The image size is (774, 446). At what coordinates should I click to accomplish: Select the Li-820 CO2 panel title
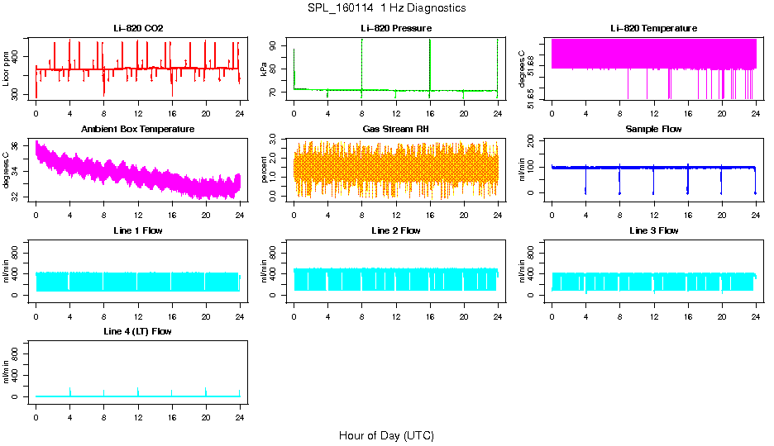tap(138, 28)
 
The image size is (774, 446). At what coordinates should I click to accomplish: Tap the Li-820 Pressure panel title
tap(396, 28)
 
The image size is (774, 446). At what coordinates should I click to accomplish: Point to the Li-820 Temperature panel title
tap(653, 28)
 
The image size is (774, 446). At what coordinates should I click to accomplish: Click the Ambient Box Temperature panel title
tap(138, 129)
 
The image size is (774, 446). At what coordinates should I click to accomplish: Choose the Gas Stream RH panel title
tap(396, 129)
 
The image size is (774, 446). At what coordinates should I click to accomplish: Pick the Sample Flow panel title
tap(653, 129)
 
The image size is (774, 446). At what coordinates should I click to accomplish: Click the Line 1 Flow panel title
tap(138, 230)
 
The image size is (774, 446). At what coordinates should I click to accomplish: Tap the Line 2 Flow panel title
tap(396, 230)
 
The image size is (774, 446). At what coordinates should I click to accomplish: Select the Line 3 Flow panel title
tap(653, 230)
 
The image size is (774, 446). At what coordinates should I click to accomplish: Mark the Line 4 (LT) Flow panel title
tap(138, 331)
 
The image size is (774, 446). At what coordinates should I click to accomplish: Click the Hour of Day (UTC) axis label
tap(386, 435)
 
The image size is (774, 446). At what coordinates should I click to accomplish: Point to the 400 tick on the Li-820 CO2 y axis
tap(17, 56)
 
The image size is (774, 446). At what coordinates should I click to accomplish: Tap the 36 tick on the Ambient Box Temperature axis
tap(17, 145)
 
